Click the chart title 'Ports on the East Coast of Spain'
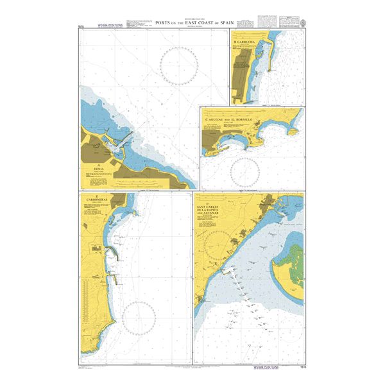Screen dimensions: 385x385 click(x=193, y=22)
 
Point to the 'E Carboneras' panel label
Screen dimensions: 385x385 click(x=96, y=200)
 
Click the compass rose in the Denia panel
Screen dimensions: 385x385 click(x=178, y=65)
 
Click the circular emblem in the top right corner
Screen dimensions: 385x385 click(x=304, y=24)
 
